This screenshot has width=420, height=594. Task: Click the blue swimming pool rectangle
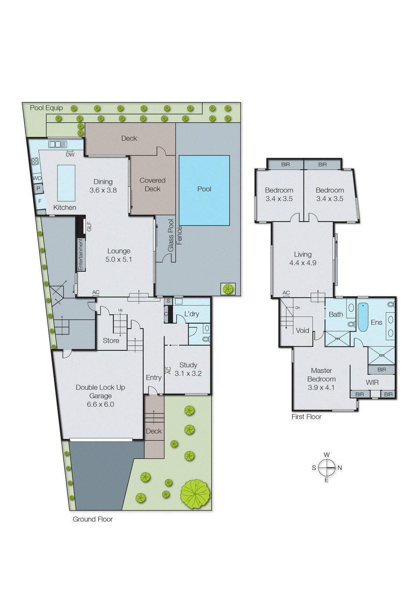click(204, 190)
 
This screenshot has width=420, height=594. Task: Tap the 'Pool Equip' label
click(46, 108)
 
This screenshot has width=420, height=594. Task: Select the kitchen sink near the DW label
click(58, 144)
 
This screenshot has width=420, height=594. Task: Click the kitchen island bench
click(66, 183)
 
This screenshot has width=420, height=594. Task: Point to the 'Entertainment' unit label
click(80, 254)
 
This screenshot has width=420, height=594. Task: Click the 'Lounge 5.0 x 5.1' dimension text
click(119, 260)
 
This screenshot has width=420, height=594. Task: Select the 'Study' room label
click(188, 365)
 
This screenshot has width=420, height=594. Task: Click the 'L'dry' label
click(192, 314)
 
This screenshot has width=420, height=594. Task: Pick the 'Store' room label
click(111, 340)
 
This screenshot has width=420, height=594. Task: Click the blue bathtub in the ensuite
click(363, 317)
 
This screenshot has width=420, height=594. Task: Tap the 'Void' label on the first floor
click(302, 330)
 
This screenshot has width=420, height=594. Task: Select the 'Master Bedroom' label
click(321, 375)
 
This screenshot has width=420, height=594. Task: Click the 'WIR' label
click(372, 382)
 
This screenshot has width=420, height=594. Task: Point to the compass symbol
click(327, 467)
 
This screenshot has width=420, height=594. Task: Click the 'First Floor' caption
click(306, 417)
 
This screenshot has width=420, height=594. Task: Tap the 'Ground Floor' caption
click(93, 519)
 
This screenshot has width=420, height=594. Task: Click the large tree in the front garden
click(195, 494)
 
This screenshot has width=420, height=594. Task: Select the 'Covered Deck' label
click(152, 185)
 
